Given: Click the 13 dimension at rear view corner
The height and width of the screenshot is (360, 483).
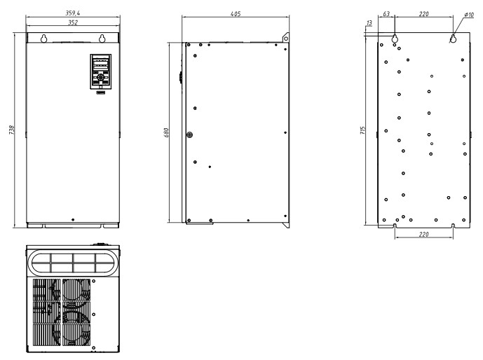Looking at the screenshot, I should pos(369,23).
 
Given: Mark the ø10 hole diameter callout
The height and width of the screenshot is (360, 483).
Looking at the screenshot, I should pos(469,13).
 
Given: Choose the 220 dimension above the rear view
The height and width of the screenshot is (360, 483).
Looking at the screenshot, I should pos(424,13).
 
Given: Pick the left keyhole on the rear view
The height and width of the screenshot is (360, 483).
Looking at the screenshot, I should pos(395,39).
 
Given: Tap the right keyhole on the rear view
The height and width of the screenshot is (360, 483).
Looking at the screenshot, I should pos(453,39).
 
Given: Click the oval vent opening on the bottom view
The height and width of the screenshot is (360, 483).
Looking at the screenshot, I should pos(72,263).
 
